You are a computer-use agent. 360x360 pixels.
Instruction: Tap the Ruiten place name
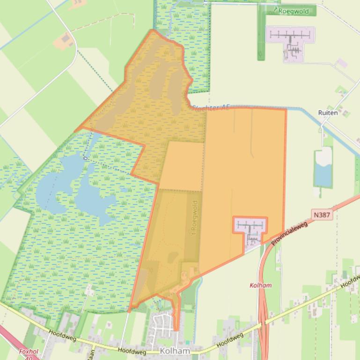(x=328, y=113)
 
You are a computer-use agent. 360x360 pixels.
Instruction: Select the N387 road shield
(x=322, y=215)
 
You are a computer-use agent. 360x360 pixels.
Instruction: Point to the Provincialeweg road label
(x=288, y=232)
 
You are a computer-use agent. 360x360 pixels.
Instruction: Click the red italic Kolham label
(x=261, y=285)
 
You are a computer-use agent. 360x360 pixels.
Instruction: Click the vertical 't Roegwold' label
(x=195, y=218)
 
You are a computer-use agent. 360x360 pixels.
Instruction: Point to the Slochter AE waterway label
(x=211, y=108)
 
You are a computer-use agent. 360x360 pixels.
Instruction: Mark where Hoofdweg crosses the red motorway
(x=264, y=322)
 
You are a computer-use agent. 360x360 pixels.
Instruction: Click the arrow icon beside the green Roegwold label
(x=276, y=10)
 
